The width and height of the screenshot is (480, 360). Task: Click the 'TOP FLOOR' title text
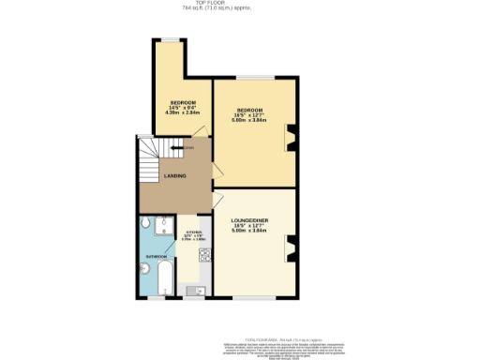240,4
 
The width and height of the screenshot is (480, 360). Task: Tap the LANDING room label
174,176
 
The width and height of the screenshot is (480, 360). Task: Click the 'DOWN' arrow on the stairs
187,147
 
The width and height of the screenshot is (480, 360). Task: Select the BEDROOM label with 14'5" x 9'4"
182,102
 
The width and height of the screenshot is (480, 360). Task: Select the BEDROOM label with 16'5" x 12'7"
250,110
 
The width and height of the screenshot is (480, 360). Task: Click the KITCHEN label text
193,232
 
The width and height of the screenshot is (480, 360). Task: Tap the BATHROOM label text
156,256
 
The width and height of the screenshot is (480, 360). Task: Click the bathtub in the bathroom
165,279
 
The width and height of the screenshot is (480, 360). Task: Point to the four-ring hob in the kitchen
204,253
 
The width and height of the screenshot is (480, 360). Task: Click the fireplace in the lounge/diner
291,249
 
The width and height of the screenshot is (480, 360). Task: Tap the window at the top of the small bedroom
171,39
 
